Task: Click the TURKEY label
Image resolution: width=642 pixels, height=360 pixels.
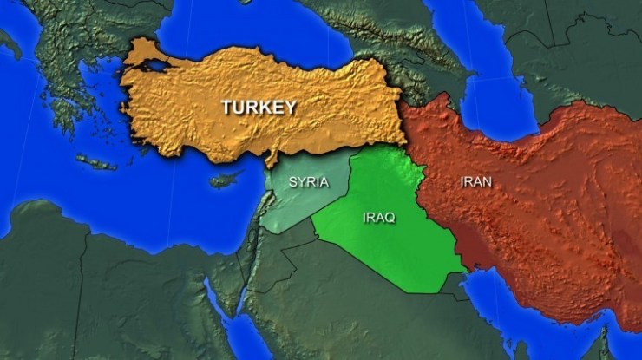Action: [259, 108]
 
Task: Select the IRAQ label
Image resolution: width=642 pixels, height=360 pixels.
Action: [379, 217]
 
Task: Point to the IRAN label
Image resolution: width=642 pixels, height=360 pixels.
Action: [475, 181]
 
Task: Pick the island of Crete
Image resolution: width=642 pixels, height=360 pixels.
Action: [95, 162]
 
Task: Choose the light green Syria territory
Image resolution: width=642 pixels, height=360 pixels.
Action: [295, 204]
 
